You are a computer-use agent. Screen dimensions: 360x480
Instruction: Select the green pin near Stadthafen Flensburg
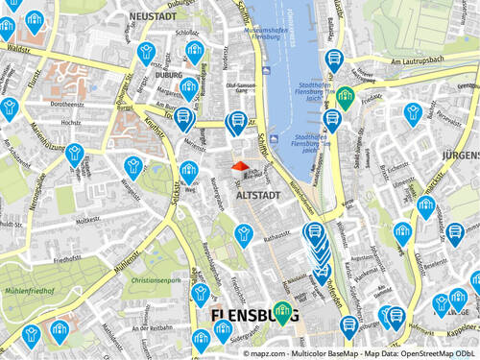coord(345,96)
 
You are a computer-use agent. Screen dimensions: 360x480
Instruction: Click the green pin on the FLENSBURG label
coord(282,311)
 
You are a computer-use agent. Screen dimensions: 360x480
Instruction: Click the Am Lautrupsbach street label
coord(419,61)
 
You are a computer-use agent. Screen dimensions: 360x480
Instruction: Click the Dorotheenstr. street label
coord(69,104)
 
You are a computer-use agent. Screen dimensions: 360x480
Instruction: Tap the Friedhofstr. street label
coord(67,259)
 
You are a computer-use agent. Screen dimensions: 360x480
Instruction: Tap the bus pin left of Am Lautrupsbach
coord(333,59)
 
